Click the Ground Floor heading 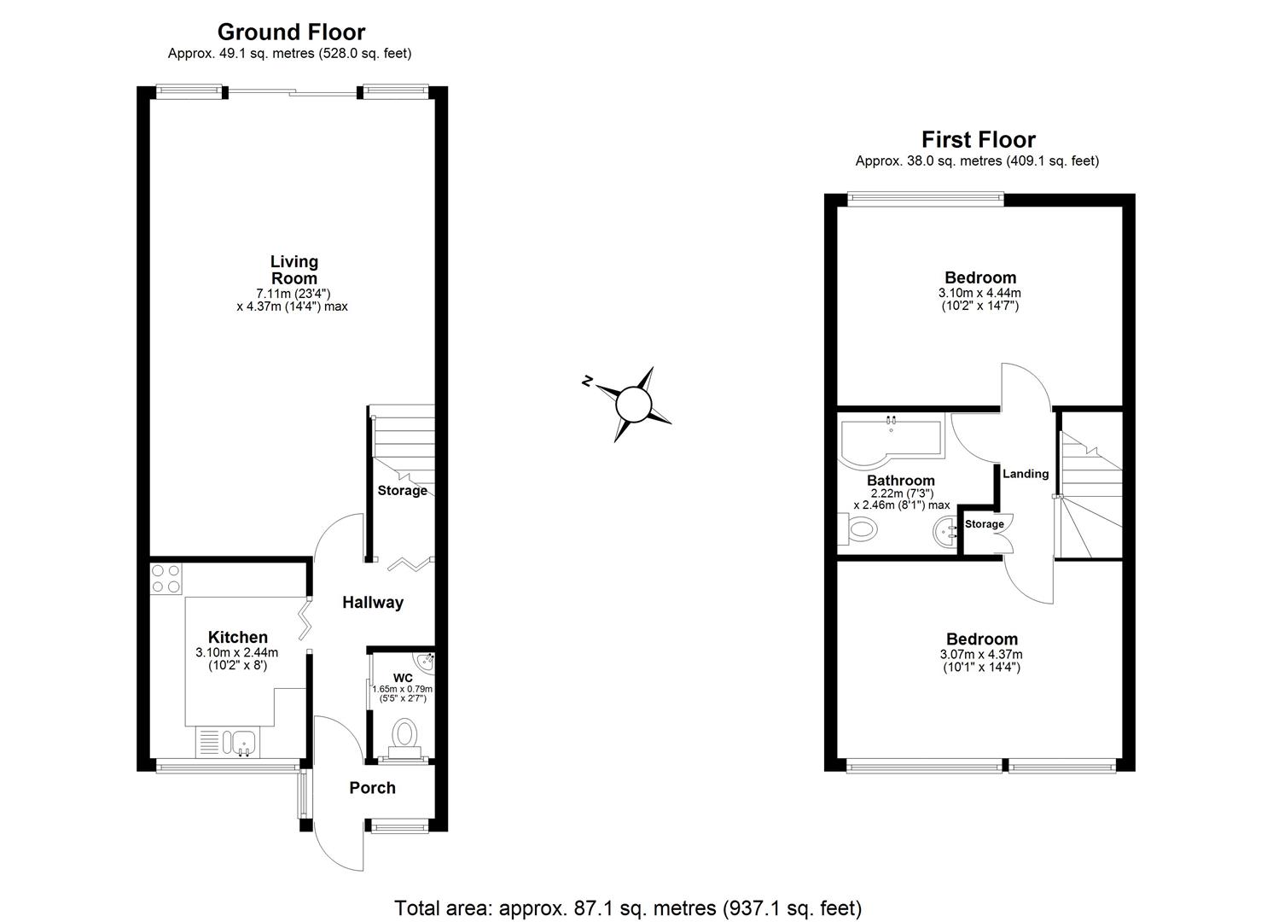pyautogui.click(x=291, y=32)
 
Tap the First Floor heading pyautogui.click(x=978, y=140)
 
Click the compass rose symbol pyautogui.click(x=633, y=404)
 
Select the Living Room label pyautogui.click(x=294, y=270)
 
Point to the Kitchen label pyautogui.click(x=238, y=637)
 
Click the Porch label pyautogui.click(x=372, y=787)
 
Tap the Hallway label pyautogui.click(x=373, y=602)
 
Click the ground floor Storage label pyautogui.click(x=402, y=491)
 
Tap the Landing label pyautogui.click(x=1026, y=474)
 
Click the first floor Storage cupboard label pyautogui.click(x=985, y=524)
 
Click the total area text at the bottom pyautogui.click(x=628, y=907)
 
